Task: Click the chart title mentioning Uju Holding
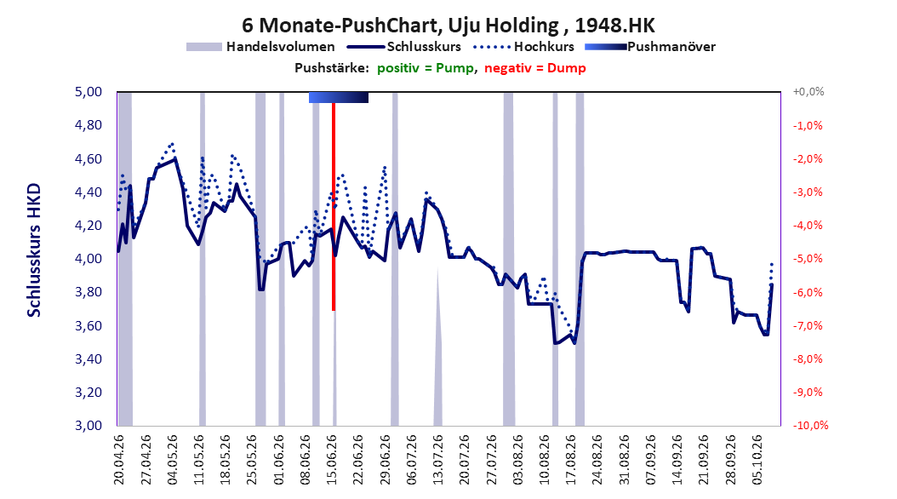tap(448, 26)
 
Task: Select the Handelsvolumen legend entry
tap(261, 47)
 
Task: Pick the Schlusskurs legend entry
tap(404, 47)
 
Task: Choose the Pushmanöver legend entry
tap(650, 47)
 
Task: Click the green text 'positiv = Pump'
tap(426, 68)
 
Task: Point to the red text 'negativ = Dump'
tap(535, 68)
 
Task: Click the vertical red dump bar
tap(334, 207)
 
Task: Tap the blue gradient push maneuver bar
tap(339, 97)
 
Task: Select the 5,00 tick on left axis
tap(89, 92)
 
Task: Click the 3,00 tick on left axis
tap(89, 425)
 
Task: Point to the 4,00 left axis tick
tap(89, 259)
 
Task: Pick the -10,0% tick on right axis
tap(810, 425)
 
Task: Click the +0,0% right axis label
tap(808, 92)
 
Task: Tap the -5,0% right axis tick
tap(808, 259)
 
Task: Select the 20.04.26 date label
tap(119, 460)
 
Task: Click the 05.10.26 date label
tap(757, 460)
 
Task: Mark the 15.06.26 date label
tap(332, 460)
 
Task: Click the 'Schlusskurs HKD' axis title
tap(34, 250)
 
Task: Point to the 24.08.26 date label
tap(597, 460)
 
